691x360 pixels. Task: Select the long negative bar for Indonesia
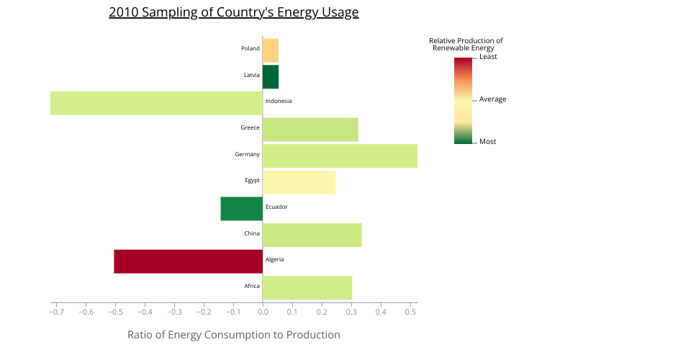click(x=156, y=103)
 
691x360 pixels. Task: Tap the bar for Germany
click(x=340, y=156)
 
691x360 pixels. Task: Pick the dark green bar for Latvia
click(x=270, y=76)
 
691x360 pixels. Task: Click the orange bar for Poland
click(x=270, y=50)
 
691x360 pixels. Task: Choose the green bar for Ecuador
click(x=241, y=208)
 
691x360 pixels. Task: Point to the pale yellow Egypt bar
click(x=299, y=182)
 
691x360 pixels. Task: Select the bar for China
click(x=312, y=235)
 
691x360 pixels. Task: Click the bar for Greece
click(x=310, y=130)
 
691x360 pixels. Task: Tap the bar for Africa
click(x=307, y=287)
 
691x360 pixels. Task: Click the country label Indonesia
click(x=279, y=102)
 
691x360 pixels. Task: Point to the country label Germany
click(x=247, y=155)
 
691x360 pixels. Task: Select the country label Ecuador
click(x=276, y=207)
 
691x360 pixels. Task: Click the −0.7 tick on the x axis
click(x=55, y=312)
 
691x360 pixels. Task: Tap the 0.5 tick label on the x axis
click(x=410, y=312)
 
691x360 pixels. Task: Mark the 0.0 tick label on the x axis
click(x=263, y=312)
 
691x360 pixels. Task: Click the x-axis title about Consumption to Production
click(x=233, y=335)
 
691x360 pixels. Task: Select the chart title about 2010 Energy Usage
click(x=233, y=13)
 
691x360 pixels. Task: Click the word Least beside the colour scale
click(x=488, y=57)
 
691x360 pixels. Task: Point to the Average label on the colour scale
click(x=492, y=99)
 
